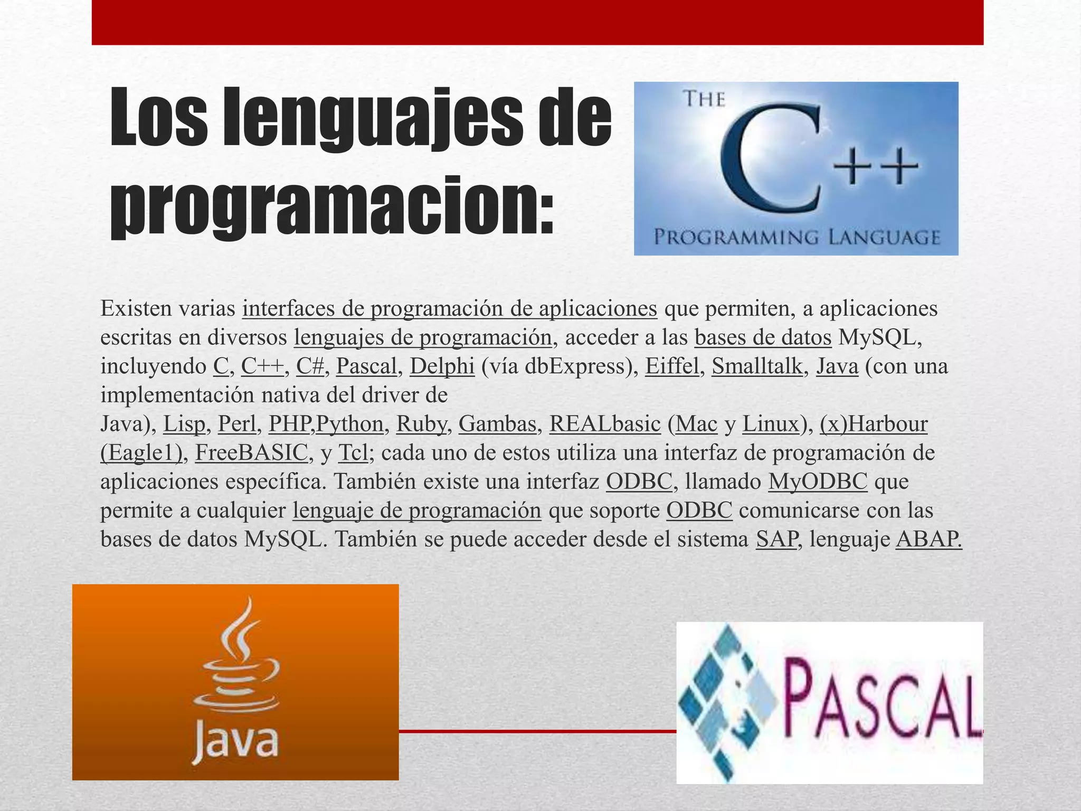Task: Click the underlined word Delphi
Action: (442, 366)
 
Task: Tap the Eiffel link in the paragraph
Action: (671, 366)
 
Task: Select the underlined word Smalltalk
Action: (757, 366)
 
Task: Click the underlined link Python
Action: (349, 423)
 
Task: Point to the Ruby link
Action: (421, 423)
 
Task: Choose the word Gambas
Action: (497, 423)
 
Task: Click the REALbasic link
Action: (605, 423)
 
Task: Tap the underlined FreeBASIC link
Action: (251, 452)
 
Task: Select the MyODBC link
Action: (818, 481)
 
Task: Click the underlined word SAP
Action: (776, 539)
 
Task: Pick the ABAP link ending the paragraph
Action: (929, 539)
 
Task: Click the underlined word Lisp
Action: (184, 423)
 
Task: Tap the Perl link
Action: (237, 423)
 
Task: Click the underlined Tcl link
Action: (353, 452)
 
